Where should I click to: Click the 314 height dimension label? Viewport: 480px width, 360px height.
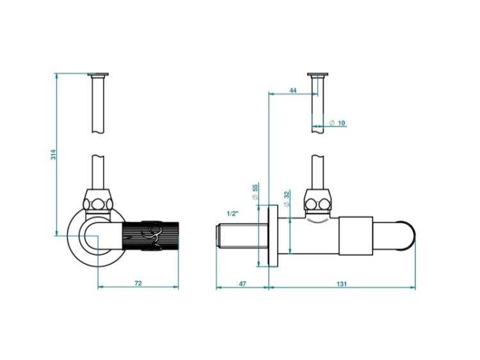pos(54,155)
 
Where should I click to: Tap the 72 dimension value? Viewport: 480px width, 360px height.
pos(138,283)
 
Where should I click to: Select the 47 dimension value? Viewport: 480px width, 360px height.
pos(242,283)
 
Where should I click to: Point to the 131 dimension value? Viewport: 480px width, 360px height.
pos(342,284)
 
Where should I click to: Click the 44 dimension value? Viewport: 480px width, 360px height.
pos(293,90)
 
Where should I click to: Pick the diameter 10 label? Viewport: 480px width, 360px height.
pos(337,123)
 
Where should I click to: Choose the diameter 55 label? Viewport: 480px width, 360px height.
pos(255,191)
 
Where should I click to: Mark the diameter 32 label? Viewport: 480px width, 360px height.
pos(287,199)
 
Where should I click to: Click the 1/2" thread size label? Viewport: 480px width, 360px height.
pos(232,214)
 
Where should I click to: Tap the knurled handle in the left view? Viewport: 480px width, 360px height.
pos(150,236)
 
